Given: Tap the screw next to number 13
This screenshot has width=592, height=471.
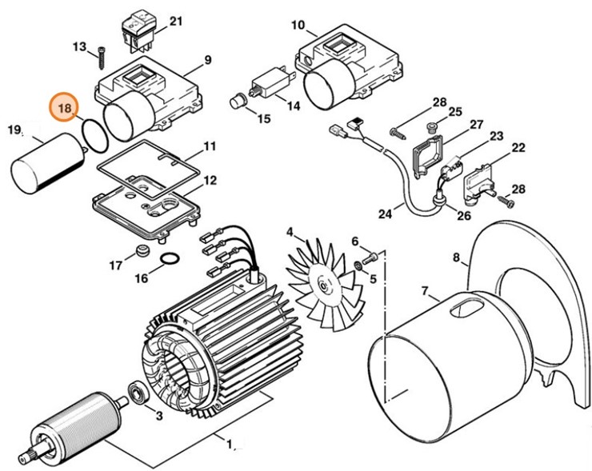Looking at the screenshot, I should (102, 56).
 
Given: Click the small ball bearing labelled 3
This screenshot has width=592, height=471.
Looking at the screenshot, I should (137, 393).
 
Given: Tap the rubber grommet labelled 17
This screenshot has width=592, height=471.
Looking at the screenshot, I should (143, 253).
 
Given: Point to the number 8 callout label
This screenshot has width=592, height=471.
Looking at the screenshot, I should (456, 258).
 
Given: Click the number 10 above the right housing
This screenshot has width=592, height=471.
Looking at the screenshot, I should (298, 26).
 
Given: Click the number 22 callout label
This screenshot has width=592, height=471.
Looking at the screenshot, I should (518, 148).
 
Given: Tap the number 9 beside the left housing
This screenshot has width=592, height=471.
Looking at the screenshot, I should (207, 60).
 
